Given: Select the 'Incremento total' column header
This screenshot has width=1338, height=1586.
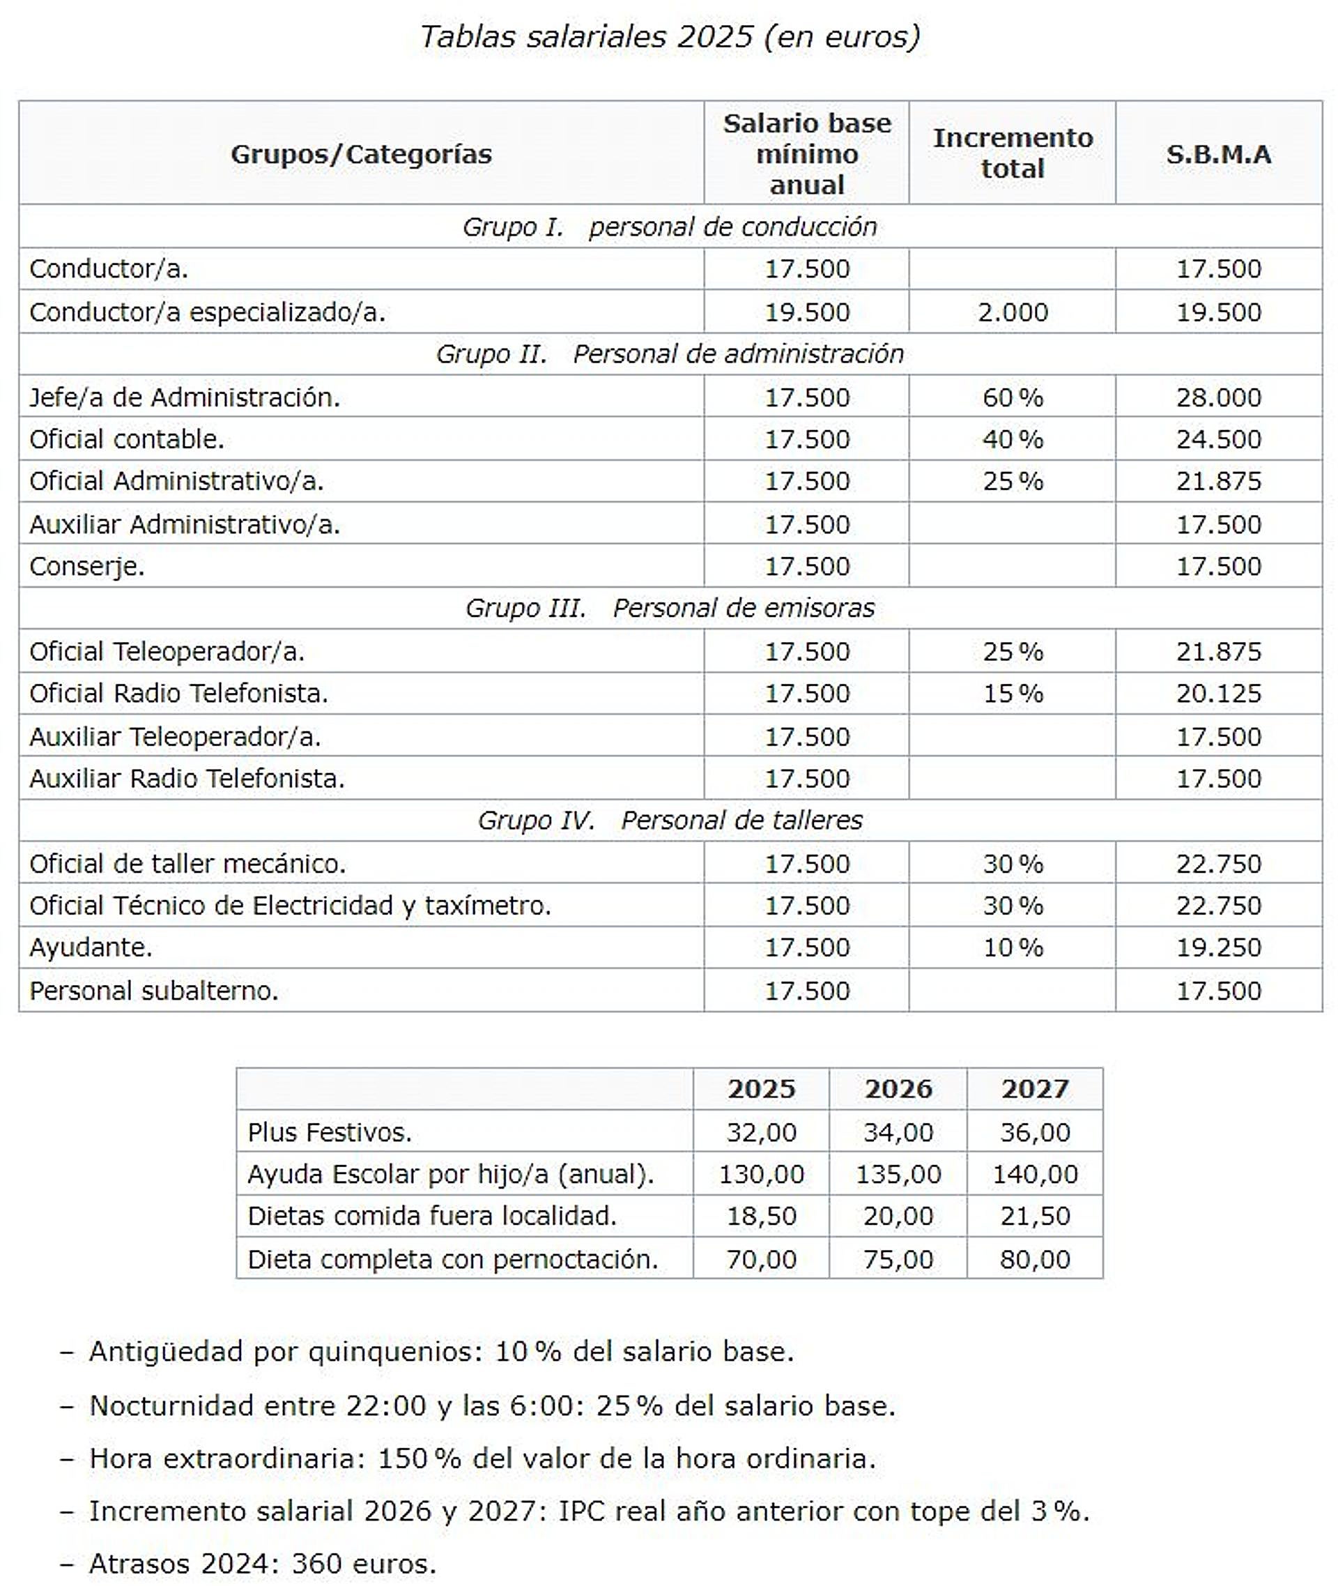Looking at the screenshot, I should tap(1013, 153).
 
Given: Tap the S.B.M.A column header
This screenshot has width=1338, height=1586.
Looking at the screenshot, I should tap(1218, 155).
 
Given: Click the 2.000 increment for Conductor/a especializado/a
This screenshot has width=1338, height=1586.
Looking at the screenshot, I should tap(1013, 312).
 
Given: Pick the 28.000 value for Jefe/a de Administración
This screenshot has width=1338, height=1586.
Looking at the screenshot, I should tap(1218, 397).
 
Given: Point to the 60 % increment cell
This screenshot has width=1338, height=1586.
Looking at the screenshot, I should tap(1013, 397).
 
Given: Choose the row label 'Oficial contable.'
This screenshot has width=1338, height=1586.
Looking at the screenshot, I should tap(127, 439).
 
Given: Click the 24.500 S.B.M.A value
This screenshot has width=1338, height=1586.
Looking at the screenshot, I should tap(1218, 439).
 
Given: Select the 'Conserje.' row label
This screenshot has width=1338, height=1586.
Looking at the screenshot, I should tap(87, 567).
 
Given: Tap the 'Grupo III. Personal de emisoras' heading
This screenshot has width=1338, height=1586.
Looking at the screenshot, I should tap(669, 608).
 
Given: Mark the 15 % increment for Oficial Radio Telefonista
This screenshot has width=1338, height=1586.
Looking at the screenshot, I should tap(1013, 694).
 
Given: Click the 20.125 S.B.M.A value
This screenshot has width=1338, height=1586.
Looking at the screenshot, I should tap(1218, 694).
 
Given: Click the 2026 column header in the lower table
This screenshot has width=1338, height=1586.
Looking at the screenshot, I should tap(898, 1089).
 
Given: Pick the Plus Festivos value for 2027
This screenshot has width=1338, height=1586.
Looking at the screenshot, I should tap(1035, 1132).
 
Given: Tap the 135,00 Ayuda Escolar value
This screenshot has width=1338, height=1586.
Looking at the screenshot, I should tap(898, 1175).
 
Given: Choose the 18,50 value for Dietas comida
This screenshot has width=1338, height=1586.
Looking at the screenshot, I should tap(761, 1217).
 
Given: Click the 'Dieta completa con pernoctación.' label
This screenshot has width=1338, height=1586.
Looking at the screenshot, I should tap(453, 1260).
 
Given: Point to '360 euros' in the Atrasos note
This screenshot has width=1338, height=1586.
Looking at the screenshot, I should tap(364, 1564).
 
